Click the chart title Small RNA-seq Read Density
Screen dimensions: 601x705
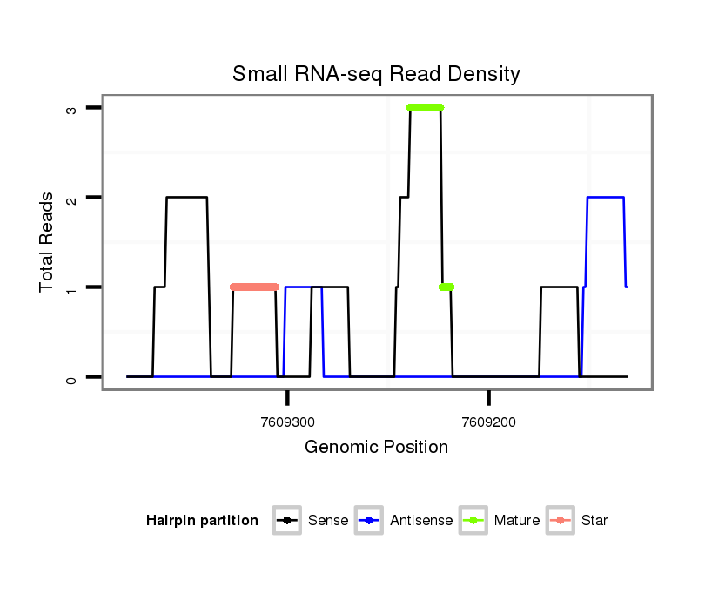(376, 74)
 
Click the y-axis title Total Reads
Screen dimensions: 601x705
(46, 242)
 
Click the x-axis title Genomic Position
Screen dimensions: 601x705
(376, 448)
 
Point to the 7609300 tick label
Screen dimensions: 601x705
(288, 422)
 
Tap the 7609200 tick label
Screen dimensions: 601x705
(489, 422)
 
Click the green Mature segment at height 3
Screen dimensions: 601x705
(425, 107)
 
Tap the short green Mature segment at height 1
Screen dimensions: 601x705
(446, 287)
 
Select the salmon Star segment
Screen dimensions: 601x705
(254, 287)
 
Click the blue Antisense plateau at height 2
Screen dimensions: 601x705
(606, 198)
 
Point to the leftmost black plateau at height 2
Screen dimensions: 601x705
(186, 198)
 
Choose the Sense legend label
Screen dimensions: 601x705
(328, 521)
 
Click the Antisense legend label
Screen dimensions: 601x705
(421, 521)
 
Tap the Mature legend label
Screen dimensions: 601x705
(517, 521)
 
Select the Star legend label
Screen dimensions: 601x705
(594, 521)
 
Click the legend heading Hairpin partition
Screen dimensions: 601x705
(202, 521)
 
